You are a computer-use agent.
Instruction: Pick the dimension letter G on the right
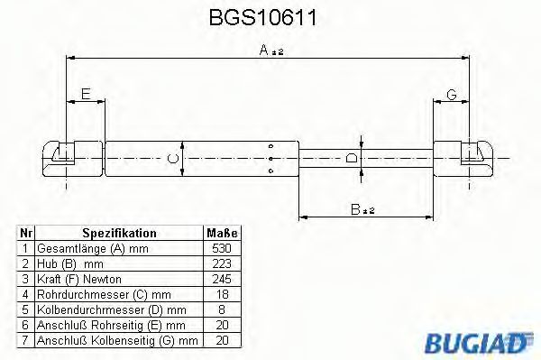452,94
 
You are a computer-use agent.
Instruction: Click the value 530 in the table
222,248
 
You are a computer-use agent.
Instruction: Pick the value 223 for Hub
222,263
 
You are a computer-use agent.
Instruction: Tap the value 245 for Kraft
222,278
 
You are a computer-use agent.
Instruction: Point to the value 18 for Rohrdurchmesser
222,293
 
